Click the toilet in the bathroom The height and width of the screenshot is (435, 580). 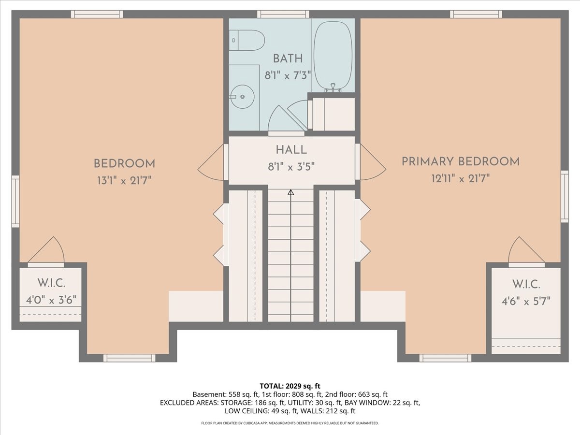[x=246, y=40]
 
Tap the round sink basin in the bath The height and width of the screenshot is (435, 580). [x=242, y=97]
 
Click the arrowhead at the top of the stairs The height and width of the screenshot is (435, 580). [x=290, y=192]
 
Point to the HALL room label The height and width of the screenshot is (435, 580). [x=291, y=150]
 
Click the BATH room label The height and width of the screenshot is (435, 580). [x=288, y=58]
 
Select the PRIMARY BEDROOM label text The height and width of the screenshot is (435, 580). [x=461, y=161]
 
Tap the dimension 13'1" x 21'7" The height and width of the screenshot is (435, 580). [x=124, y=181]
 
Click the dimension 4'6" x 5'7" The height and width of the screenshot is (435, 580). [x=526, y=301]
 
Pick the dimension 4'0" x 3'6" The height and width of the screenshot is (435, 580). [x=51, y=300]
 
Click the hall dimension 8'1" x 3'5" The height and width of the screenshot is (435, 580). [x=291, y=167]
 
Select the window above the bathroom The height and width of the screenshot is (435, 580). [x=283, y=14]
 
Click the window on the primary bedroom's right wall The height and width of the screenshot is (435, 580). [x=565, y=197]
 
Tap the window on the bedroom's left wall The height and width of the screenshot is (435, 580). [x=15, y=201]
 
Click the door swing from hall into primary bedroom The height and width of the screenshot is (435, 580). [x=373, y=161]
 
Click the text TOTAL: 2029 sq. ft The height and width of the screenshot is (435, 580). [x=290, y=386]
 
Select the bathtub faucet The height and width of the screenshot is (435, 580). [x=333, y=87]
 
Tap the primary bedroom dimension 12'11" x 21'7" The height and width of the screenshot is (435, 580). [x=461, y=179]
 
